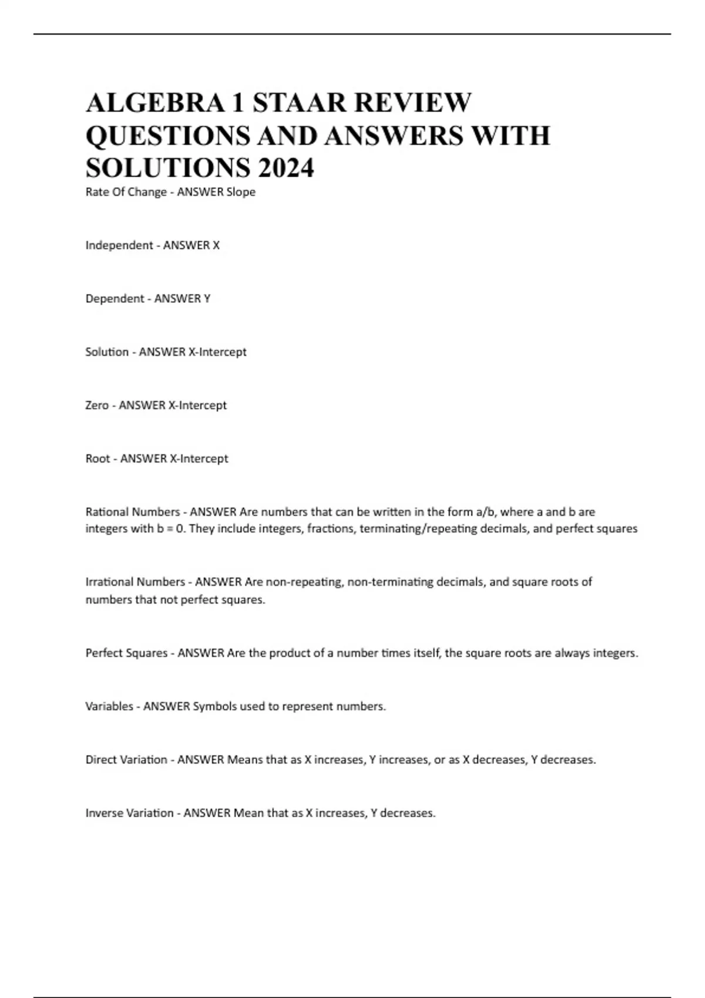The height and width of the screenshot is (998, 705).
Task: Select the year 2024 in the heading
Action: tap(285, 168)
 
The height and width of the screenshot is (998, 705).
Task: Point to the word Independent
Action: tap(119, 245)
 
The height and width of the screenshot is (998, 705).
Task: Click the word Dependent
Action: tap(115, 299)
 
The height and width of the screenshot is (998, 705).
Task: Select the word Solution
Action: tap(107, 352)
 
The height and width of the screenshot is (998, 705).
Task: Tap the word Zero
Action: tap(97, 406)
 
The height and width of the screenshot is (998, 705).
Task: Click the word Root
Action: tap(98, 458)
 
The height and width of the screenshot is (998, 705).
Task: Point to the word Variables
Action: tap(109, 706)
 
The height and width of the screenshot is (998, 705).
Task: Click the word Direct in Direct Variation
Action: tap(101, 760)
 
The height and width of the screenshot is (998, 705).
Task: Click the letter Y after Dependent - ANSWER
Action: tap(207, 299)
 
